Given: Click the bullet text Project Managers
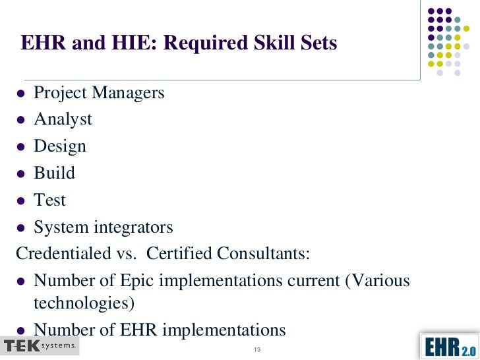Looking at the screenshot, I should tap(99, 92).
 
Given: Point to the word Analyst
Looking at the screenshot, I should tap(63, 119).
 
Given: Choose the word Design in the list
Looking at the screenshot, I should tap(60, 146).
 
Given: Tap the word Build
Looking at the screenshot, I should tap(54, 173).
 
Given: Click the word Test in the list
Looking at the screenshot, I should tap(50, 200).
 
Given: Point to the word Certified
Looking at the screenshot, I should tap(181, 254).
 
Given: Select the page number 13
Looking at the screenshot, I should tap(258, 349).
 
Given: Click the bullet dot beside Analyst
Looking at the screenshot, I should tap(21, 121).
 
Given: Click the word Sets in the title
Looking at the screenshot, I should tap(318, 44).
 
